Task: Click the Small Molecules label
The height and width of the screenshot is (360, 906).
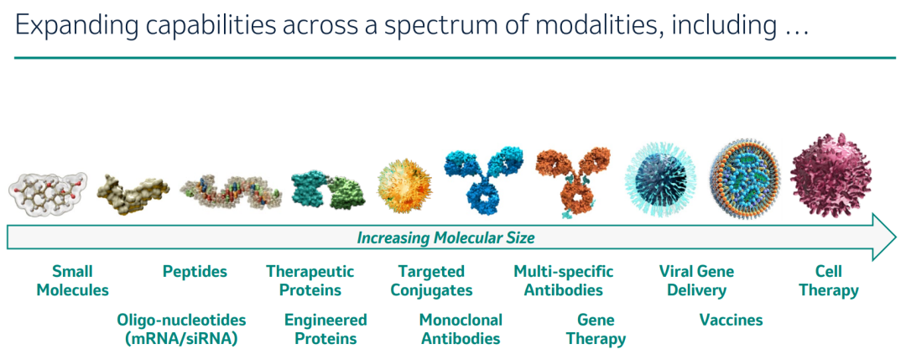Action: click(72, 280)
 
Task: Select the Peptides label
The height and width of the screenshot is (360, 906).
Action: click(195, 271)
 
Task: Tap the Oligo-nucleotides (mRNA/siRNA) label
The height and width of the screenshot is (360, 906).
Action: click(181, 330)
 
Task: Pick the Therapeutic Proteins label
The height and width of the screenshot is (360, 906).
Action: click(310, 280)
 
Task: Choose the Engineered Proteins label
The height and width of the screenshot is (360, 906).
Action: click(325, 330)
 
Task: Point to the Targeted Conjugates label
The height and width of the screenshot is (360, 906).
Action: click(432, 280)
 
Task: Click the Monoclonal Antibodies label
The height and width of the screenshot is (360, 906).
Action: click(461, 330)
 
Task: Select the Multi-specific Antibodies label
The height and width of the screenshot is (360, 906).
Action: click(564, 280)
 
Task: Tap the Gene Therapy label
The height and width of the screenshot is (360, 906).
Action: click(596, 330)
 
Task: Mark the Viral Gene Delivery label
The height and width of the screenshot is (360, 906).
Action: click(696, 280)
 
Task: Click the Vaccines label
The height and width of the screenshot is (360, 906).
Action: click(731, 320)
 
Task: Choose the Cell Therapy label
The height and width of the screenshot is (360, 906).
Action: click(829, 280)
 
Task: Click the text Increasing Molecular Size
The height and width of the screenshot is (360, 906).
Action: click(445, 237)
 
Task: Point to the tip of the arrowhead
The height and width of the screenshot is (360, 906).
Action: click(898, 237)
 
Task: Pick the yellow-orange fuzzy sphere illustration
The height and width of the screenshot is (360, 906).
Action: click(403, 179)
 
